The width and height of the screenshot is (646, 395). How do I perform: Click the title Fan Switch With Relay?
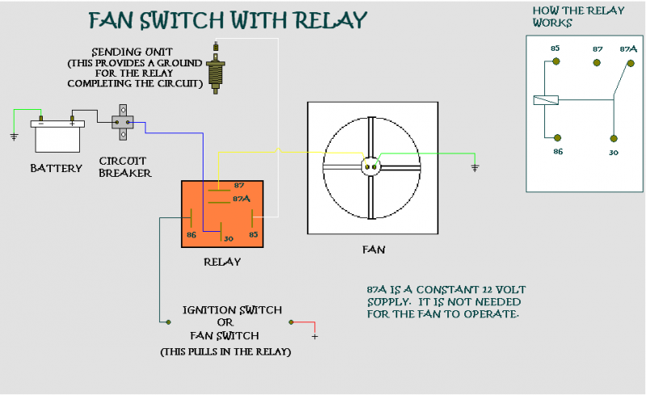(x=227, y=19)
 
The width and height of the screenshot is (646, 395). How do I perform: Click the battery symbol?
(x=57, y=136)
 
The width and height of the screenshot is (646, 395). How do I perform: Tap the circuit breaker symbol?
(x=124, y=121)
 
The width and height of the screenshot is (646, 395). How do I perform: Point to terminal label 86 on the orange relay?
(x=191, y=235)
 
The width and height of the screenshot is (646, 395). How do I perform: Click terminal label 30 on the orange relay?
(x=228, y=238)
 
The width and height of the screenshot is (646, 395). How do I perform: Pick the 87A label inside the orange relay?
(x=241, y=199)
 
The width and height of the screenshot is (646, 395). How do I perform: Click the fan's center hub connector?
(x=371, y=166)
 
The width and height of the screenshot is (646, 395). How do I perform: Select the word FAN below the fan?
(x=373, y=250)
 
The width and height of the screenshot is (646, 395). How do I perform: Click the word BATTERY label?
(x=56, y=168)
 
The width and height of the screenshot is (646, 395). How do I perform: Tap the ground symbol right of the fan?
(x=474, y=168)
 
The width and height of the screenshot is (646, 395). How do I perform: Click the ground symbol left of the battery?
(x=14, y=136)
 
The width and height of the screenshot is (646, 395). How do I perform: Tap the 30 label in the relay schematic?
(x=614, y=153)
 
